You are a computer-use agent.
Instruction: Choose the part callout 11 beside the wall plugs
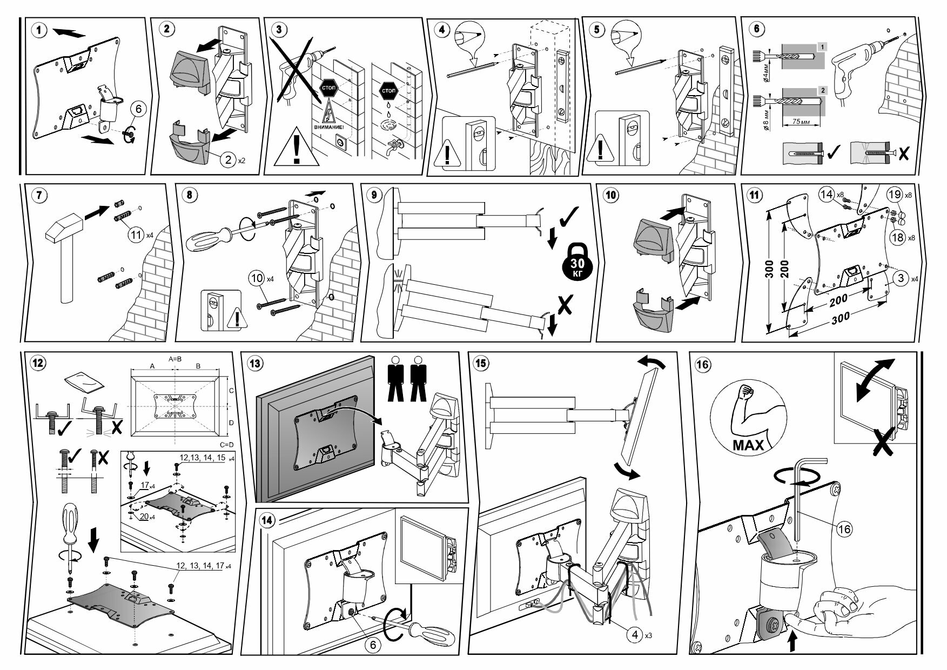tap(136, 234)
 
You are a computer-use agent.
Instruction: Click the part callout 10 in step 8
tap(257, 279)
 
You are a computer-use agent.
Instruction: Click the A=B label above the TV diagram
tap(175, 359)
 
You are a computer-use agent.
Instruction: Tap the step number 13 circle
tap(255, 363)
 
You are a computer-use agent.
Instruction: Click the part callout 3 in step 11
tap(900, 279)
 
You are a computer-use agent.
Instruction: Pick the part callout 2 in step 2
tap(229, 160)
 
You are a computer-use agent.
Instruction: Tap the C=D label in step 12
tap(227, 444)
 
